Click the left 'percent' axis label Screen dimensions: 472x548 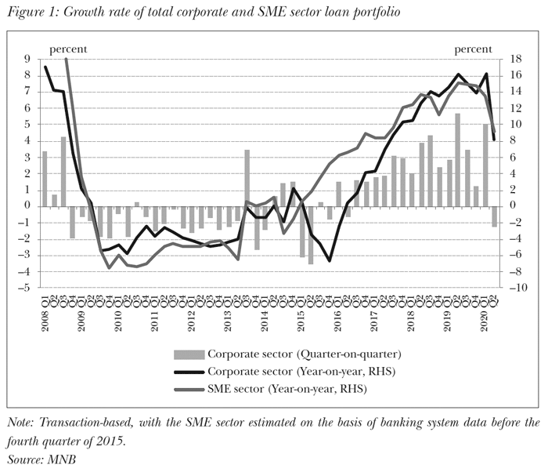(67, 49)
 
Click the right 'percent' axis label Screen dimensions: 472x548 (474, 49)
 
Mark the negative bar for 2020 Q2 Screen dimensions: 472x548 (495, 216)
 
